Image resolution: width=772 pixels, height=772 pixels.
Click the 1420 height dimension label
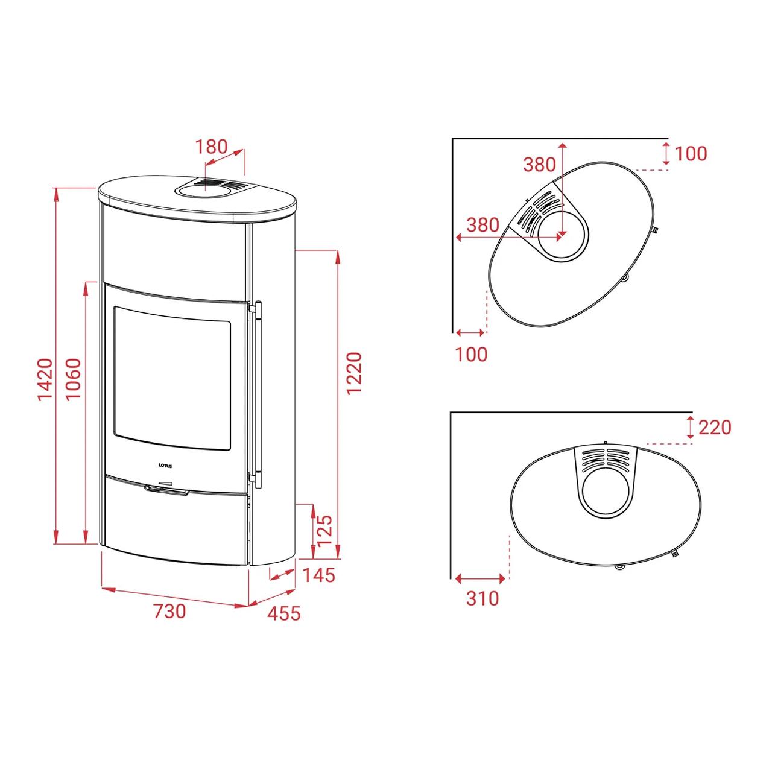pos(45,379)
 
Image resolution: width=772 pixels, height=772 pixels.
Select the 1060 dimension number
pos(74,379)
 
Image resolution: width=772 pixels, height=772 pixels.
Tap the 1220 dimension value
pos(354,374)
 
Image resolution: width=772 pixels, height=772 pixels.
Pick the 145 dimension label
pos(318,575)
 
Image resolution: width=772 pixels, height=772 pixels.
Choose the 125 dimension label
pos(324,531)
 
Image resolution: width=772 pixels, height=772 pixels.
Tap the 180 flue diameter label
pos(211,147)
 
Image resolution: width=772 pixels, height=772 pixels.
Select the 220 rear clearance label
pos(715,428)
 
